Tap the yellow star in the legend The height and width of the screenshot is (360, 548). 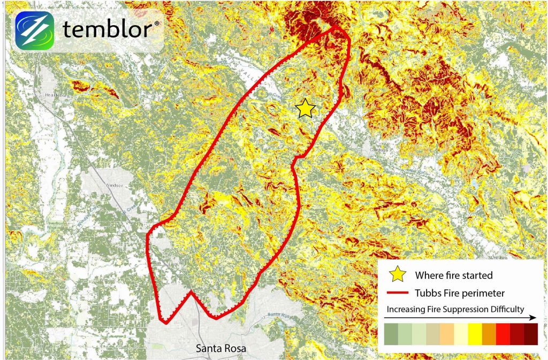(397, 275)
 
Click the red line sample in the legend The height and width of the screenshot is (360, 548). (397, 293)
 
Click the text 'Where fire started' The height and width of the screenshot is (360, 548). (454, 275)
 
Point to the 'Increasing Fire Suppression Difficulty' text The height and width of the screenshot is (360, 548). (455, 309)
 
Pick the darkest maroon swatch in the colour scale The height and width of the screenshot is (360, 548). (531, 335)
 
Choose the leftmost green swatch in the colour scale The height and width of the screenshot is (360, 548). (391, 335)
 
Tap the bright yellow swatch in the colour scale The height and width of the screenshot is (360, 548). (475, 335)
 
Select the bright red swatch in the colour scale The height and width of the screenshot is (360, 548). (503, 335)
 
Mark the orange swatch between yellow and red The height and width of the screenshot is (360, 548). (489, 335)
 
